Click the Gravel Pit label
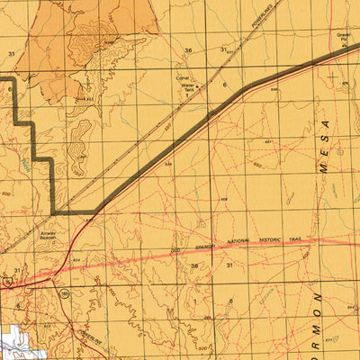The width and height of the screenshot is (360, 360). [343, 38]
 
